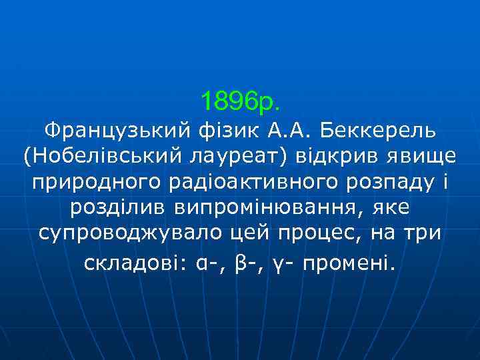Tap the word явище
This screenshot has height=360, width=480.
419,155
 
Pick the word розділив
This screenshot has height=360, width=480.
118,208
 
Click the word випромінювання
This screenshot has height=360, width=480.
264,208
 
